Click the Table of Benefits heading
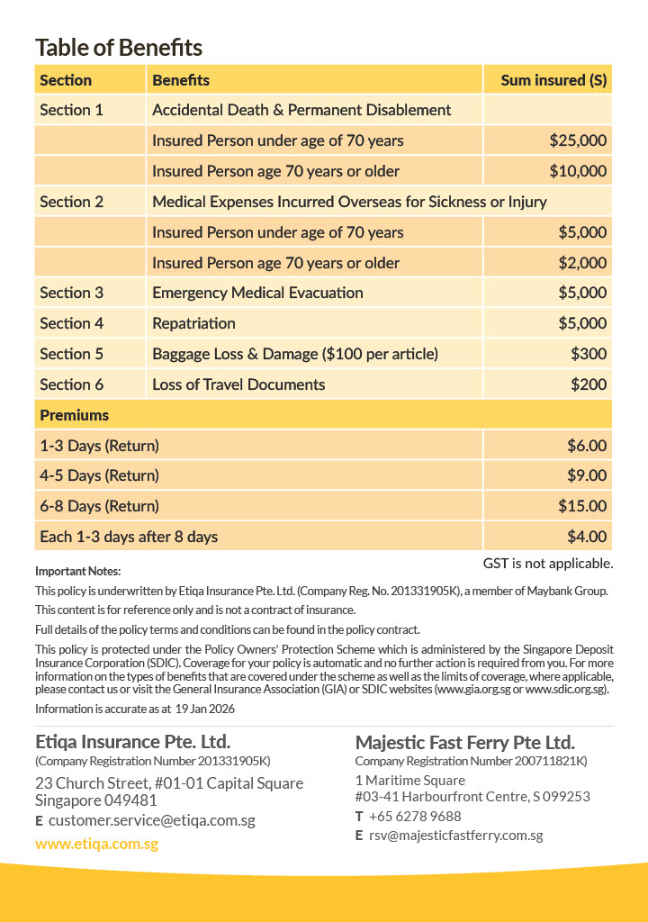click(119, 48)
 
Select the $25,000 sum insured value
click(578, 140)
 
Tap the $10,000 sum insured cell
click(578, 171)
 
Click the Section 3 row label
click(72, 293)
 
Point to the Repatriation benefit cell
click(193, 323)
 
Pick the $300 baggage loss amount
click(589, 354)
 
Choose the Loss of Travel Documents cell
click(238, 384)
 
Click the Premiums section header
click(75, 415)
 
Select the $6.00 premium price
click(587, 446)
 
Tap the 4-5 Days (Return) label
click(99, 475)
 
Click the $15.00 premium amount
click(582, 506)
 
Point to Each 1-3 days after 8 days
click(129, 537)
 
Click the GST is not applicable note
click(548, 564)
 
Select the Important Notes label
click(77, 571)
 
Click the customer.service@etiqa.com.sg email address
click(152, 821)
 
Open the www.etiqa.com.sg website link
click(96, 845)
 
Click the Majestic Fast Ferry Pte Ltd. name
click(464, 743)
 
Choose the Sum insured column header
click(553, 80)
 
